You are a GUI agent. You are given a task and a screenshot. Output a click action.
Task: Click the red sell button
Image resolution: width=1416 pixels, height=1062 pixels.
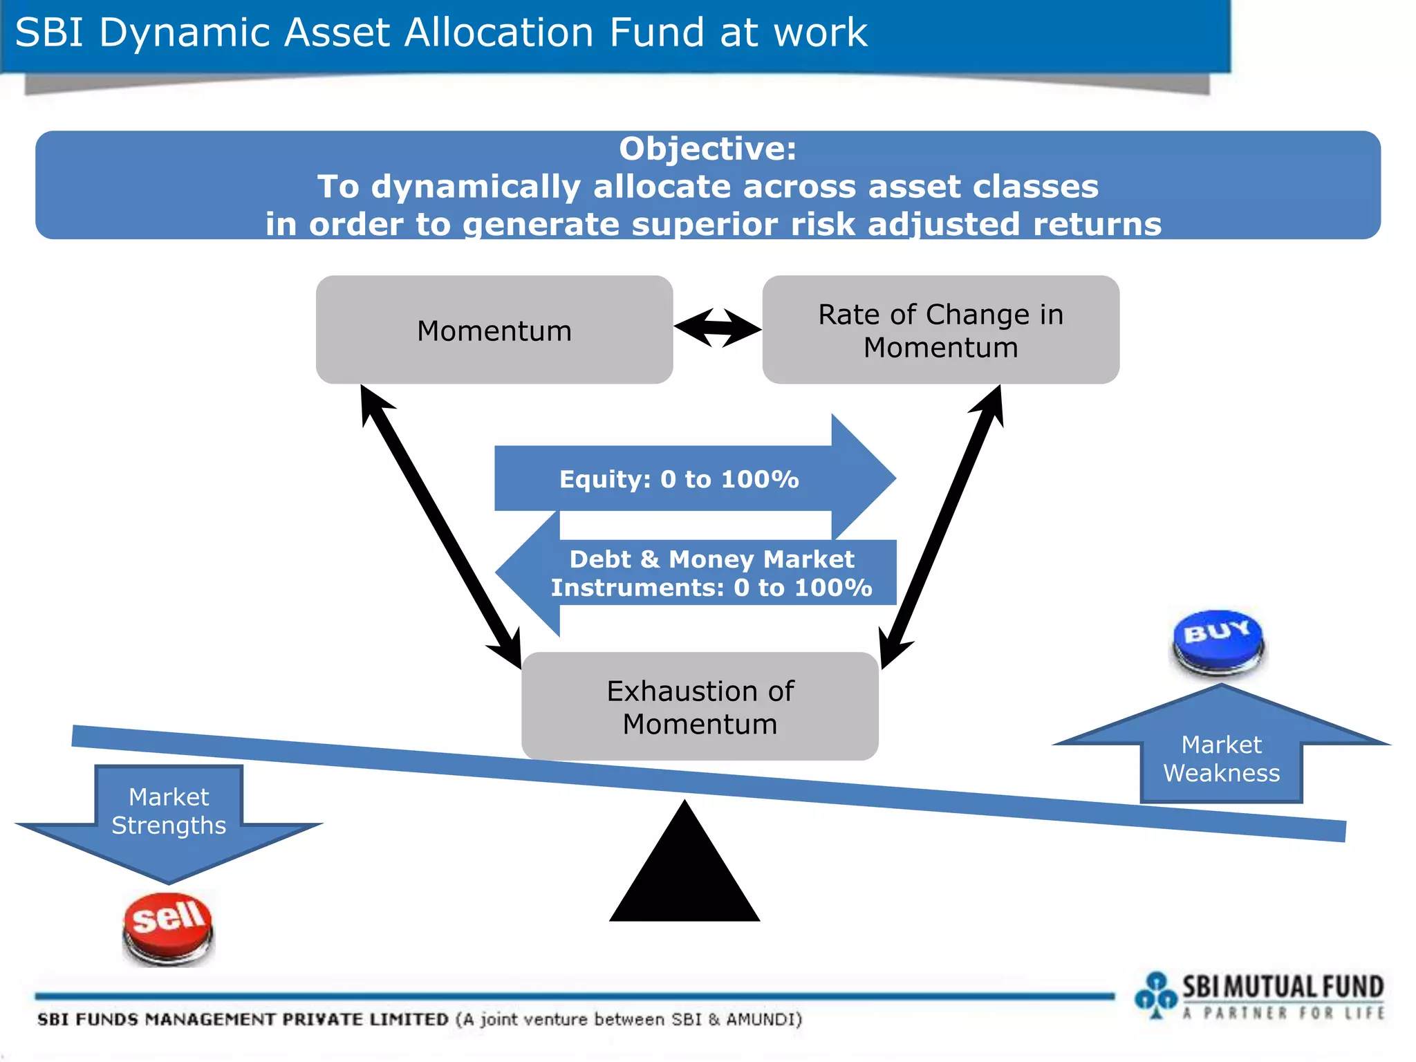coord(169,926)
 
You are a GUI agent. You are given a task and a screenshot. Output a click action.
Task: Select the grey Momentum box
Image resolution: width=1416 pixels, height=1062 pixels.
coord(494,330)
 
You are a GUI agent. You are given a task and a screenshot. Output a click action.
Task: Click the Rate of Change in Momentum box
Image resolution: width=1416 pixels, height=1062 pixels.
coord(940,330)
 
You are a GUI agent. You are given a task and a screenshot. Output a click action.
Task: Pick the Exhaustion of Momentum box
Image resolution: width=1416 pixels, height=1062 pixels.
coord(700,707)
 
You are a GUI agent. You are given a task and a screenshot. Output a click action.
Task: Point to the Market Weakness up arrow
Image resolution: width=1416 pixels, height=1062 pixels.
coord(1221,754)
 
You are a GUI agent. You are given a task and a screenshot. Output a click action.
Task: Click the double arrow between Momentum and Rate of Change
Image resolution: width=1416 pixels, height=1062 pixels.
coord(718,328)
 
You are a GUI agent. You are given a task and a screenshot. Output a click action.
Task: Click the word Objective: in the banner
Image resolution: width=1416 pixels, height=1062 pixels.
coord(707,149)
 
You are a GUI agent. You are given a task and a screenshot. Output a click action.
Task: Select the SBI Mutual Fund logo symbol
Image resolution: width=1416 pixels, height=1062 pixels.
coord(1155,994)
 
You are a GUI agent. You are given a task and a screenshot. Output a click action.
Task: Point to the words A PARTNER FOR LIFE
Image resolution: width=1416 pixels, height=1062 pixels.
coord(1283,1014)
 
